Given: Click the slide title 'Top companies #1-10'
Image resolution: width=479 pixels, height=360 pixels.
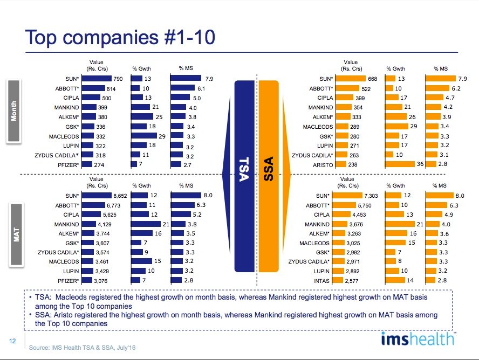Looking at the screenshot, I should (x=121, y=37).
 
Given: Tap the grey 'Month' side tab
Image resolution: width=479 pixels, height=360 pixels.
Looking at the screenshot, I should (x=14, y=112).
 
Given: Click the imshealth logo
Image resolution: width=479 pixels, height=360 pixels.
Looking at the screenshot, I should (x=418, y=340).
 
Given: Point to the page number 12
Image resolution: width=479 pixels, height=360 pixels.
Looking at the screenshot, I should (x=12, y=340).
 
